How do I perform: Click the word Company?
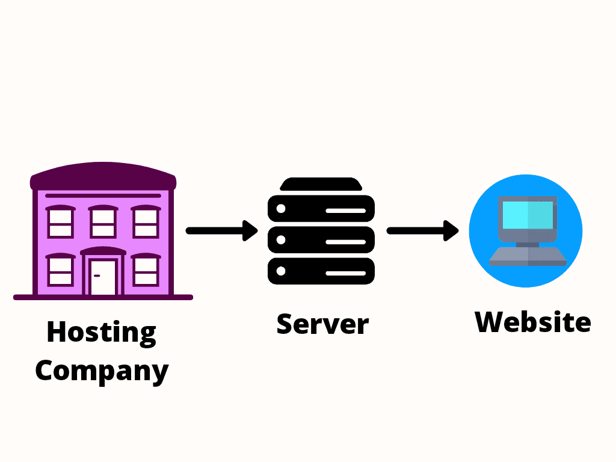[101, 371]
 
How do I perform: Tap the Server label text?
[322, 324]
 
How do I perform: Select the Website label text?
[532, 322]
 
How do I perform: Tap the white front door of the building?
[103, 277]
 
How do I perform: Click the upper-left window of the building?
[60, 223]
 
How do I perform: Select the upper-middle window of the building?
[103, 223]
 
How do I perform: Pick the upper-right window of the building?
[146, 223]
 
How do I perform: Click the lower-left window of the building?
[60, 271]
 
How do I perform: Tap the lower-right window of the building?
[146, 271]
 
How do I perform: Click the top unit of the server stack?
[321, 209]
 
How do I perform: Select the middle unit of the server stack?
[321, 241]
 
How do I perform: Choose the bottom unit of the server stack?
[321, 272]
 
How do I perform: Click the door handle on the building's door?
[96, 276]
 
